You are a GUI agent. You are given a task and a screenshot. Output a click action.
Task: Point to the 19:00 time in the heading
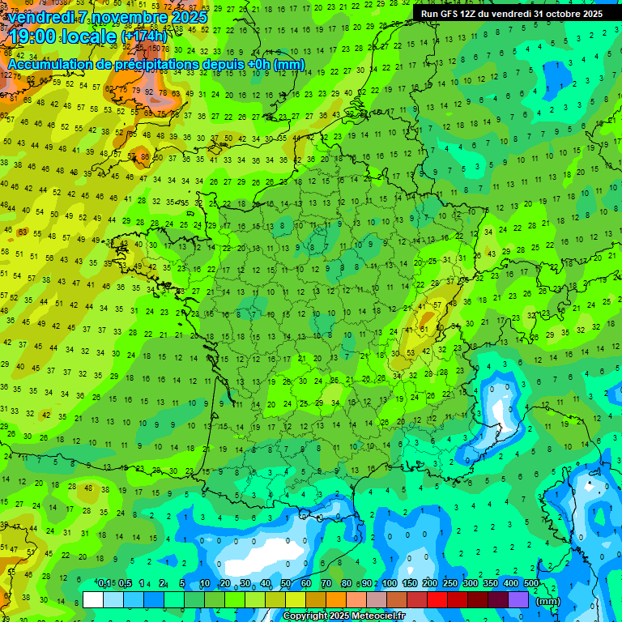tap(35, 36)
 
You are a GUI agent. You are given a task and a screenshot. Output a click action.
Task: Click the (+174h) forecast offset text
tap(145, 36)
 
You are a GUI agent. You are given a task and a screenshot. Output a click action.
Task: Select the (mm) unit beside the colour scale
tap(548, 601)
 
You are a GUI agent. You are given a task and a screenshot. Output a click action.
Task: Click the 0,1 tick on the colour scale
tap(104, 583)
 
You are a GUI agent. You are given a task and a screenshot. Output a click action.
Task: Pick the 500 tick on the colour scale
tap(530, 583)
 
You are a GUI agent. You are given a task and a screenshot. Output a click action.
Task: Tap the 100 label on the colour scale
tap(389, 583)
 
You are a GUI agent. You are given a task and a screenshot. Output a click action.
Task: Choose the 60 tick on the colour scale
tap(306, 583)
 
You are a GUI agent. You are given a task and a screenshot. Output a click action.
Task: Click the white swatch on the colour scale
tap(93, 600)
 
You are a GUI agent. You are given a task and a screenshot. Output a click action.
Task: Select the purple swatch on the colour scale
tap(519, 600)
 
